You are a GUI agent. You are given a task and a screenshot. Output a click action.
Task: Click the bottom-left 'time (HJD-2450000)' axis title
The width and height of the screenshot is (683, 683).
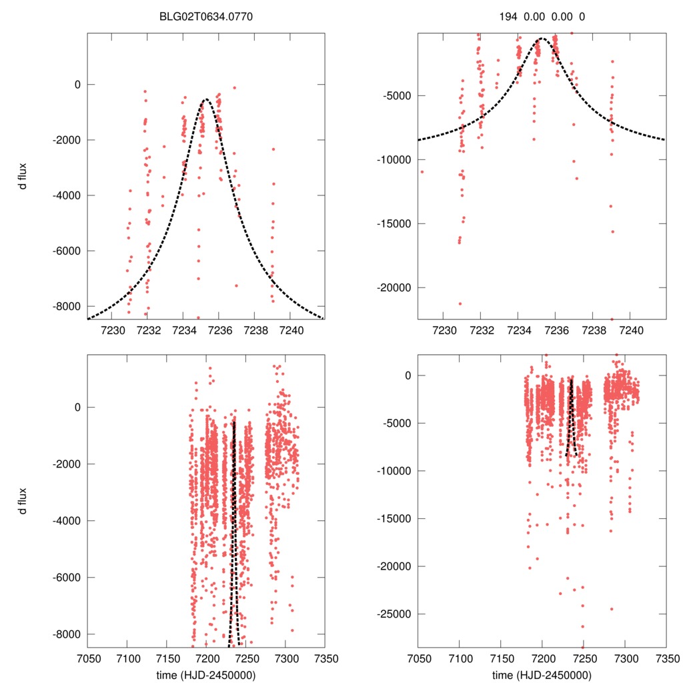[206, 675]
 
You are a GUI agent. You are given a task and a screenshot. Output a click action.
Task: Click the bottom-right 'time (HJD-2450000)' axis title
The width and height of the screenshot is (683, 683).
[542, 675]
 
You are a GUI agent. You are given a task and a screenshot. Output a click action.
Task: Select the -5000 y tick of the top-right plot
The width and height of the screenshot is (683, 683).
[399, 95]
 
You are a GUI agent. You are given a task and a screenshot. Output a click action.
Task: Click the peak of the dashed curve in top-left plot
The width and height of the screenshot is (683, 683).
[206, 100]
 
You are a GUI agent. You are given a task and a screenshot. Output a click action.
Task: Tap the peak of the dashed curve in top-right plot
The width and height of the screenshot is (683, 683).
[542, 39]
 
